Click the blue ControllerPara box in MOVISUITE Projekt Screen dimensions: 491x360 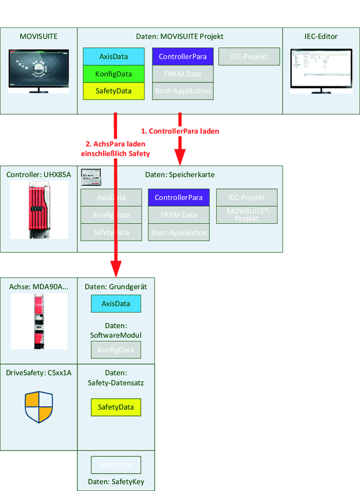tap(183, 57)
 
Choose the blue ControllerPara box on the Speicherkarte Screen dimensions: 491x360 tap(178, 198)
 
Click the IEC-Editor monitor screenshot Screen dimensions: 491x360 tap(321, 70)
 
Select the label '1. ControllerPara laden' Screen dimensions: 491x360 tap(180, 131)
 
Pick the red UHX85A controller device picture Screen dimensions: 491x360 tap(38, 209)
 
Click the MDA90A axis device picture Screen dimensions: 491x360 tap(38, 321)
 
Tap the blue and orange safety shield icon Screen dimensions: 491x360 tap(39, 407)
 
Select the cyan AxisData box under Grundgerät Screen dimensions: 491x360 tap(115, 304)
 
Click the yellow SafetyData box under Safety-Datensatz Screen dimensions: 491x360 tap(115, 407)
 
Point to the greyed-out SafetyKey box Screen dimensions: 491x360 tap(115, 465)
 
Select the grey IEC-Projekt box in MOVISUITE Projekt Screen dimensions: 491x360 tap(249, 57)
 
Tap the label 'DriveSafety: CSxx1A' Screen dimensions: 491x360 tap(38, 373)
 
